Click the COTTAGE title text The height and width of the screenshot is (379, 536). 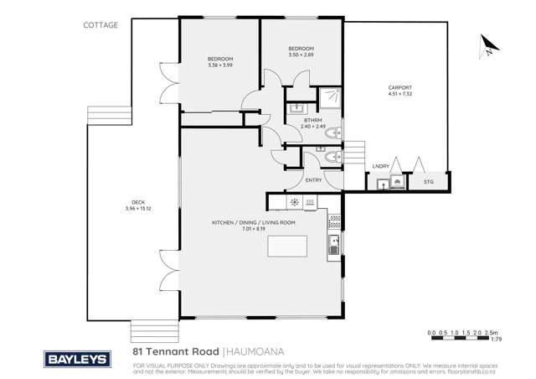tap(100, 25)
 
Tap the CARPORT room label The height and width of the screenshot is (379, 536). tap(399, 87)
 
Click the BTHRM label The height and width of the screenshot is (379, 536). tap(312, 121)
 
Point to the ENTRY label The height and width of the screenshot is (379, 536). tap(314, 180)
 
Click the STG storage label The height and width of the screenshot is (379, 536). tap(428, 181)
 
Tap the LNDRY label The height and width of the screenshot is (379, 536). tap(381, 167)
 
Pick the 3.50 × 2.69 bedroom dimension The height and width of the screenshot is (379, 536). tap(300, 55)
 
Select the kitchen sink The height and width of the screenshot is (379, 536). tap(333, 245)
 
